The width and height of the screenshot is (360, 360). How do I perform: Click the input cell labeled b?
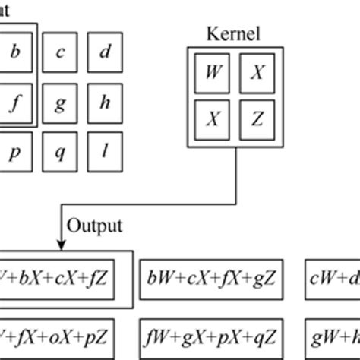point(14,52)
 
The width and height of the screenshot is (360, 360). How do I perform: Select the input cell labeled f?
point(14,102)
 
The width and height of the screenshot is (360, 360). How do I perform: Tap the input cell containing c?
point(60,52)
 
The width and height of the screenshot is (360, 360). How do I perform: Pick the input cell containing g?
point(60,102)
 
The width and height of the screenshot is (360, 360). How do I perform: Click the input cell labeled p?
point(14,151)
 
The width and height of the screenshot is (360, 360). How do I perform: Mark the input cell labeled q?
point(60,151)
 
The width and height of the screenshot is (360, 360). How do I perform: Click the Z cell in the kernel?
point(257,118)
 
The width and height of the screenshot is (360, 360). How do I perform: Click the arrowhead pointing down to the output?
point(60,242)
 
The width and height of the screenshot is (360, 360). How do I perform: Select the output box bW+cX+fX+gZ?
point(213,277)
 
